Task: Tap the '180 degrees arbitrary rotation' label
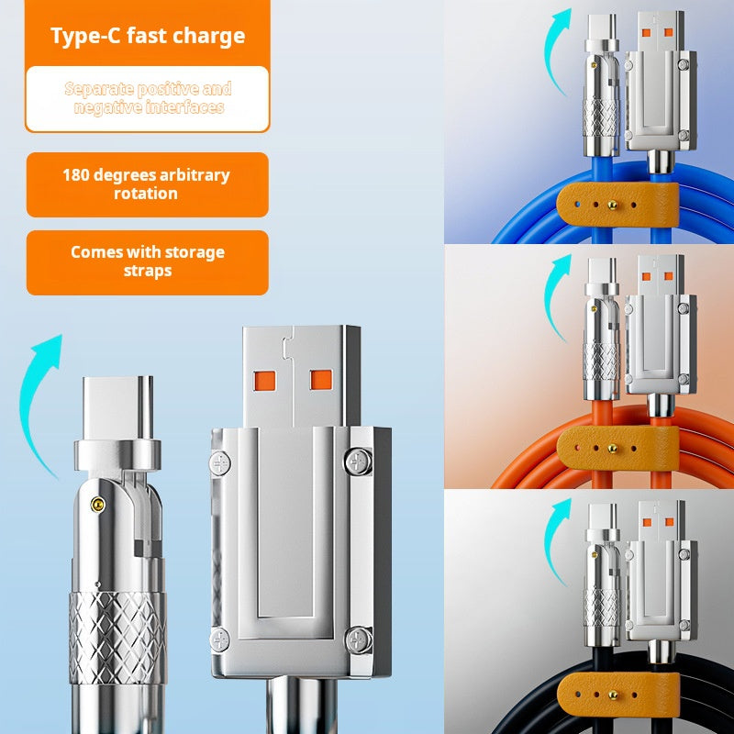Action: click(147, 184)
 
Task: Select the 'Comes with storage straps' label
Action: click(147, 261)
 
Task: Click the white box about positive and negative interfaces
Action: click(147, 98)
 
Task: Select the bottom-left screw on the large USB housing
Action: click(220, 639)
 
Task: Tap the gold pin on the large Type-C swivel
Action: click(97, 503)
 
